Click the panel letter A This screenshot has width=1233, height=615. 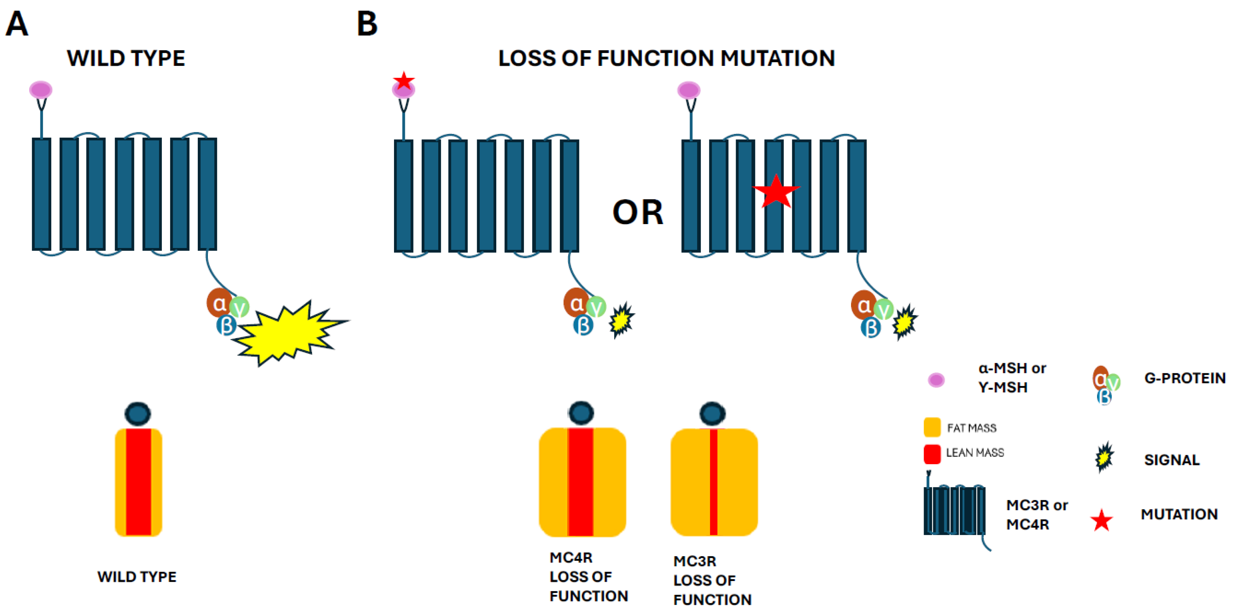[x=17, y=24]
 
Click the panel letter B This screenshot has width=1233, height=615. [x=367, y=24]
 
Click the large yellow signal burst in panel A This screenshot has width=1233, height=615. [x=287, y=332]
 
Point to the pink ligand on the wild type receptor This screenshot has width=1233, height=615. [x=41, y=89]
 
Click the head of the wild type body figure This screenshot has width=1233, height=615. [x=138, y=414]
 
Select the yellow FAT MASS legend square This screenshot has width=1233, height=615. [x=932, y=427]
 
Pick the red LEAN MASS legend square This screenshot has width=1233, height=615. [x=932, y=454]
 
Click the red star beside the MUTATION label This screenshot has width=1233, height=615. [x=1102, y=520]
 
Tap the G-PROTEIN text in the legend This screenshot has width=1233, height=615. [x=1185, y=378]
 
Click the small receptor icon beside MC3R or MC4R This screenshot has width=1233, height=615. [x=954, y=511]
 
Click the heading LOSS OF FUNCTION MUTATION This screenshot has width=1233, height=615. [x=666, y=58]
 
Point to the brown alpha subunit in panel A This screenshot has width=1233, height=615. [x=219, y=303]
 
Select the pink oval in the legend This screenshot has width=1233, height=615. [x=936, y=380]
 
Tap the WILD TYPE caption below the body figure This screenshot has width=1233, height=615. [x=137, y=577]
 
